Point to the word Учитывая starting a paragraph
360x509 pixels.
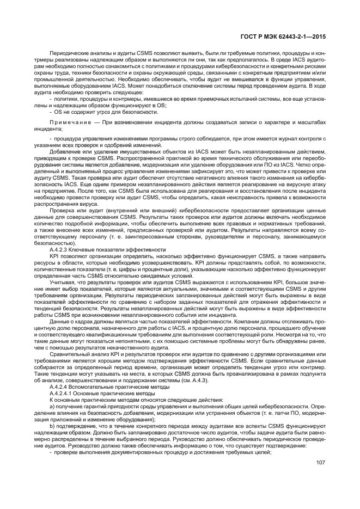(62, 283)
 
